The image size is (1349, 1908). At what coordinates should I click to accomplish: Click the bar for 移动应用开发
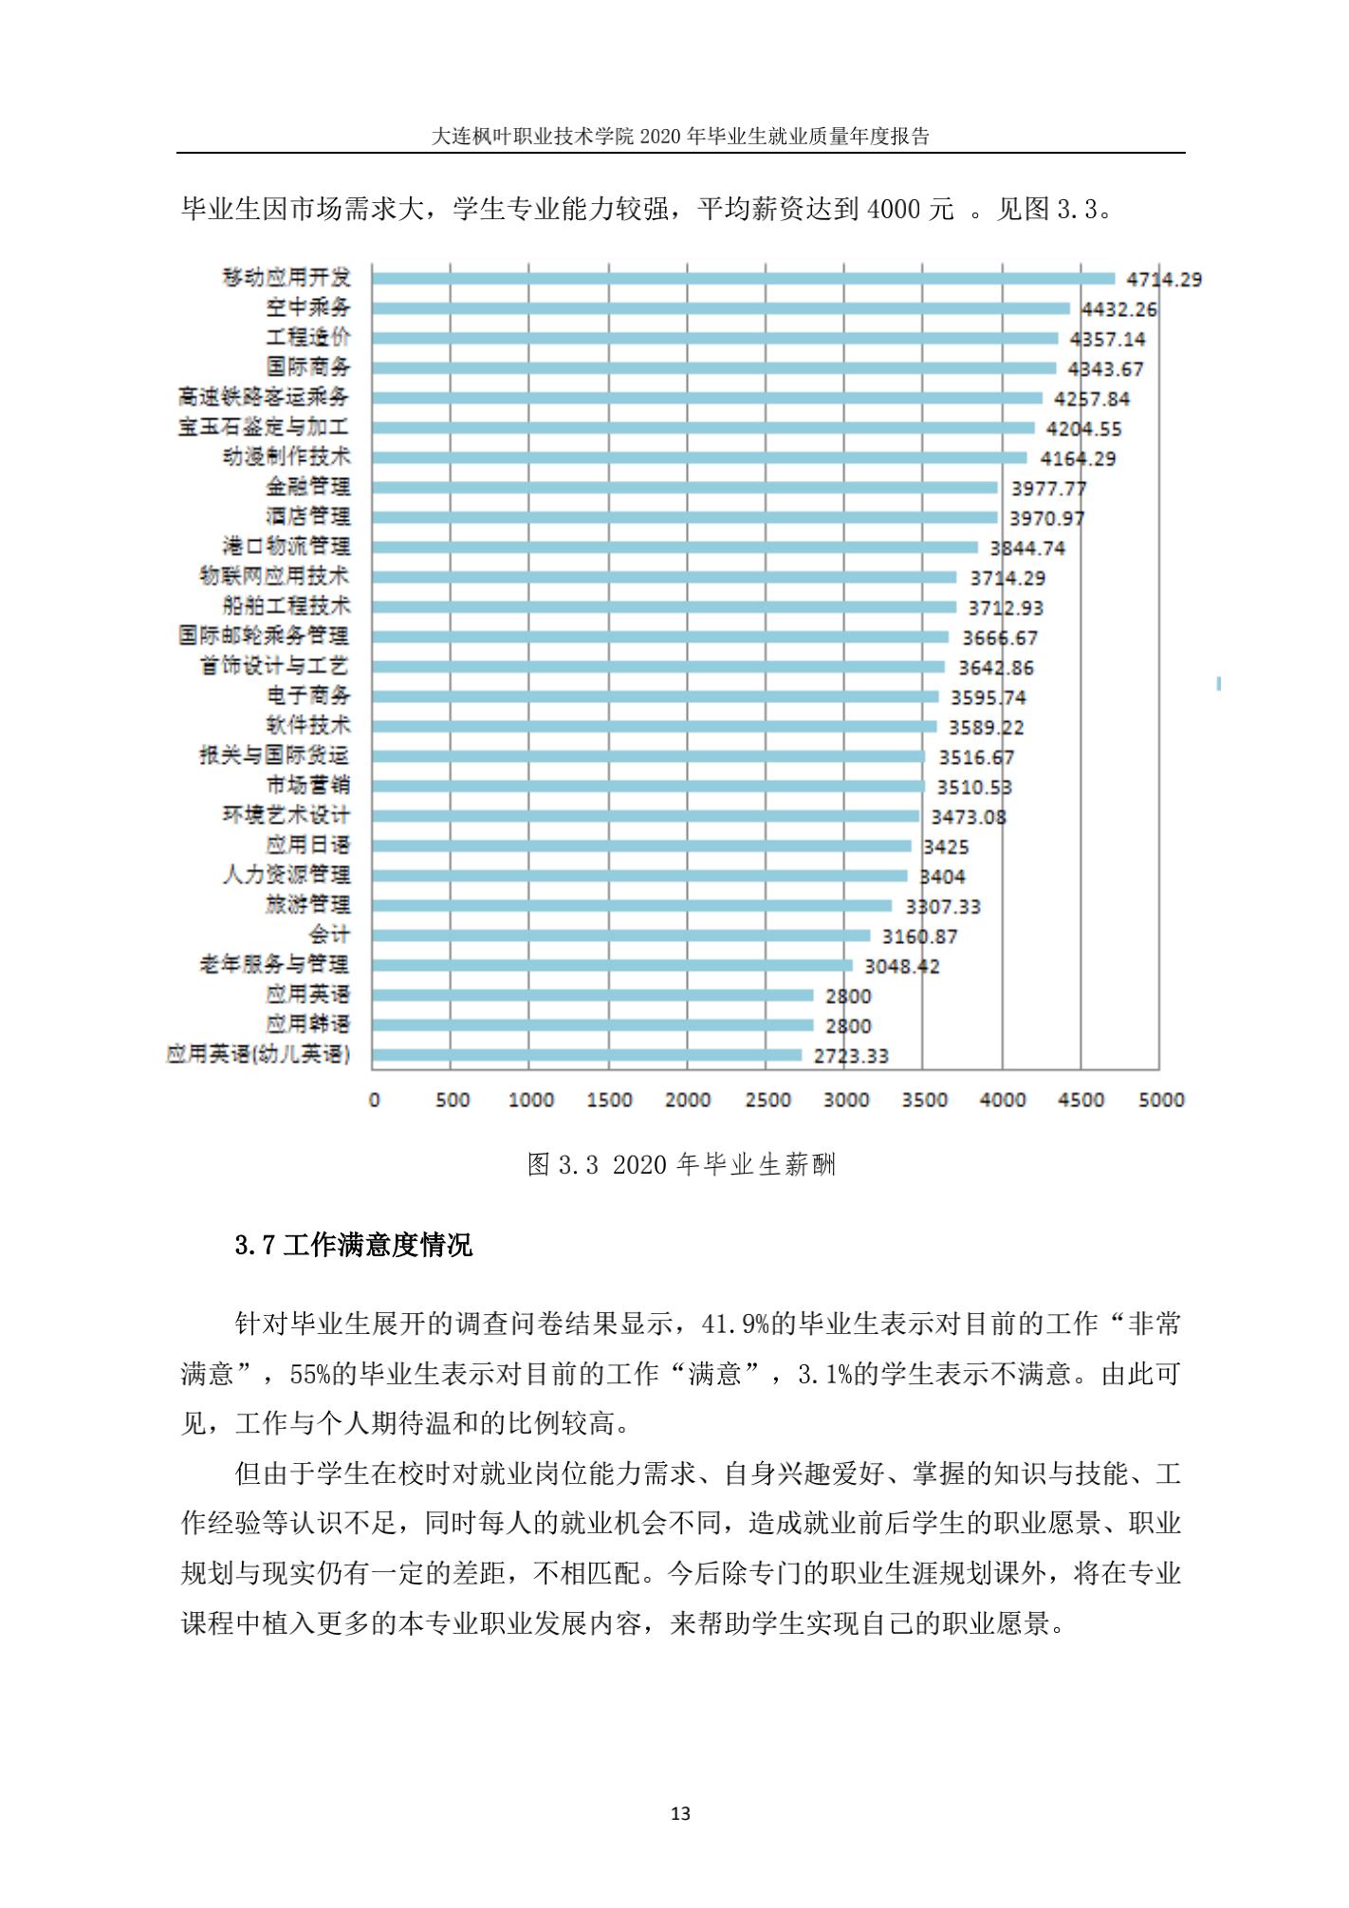tap(743, 278)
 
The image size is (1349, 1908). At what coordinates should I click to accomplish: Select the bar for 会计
tap(620, 935)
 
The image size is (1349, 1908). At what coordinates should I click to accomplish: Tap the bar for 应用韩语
tap(592, 1025)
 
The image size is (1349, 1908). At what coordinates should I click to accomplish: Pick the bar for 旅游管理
tap(632, 905)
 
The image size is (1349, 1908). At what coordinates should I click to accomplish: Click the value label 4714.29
tap(1163, 280)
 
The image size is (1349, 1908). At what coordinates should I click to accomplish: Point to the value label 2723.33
tap(851, 1056)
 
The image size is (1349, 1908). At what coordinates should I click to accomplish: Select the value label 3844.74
tap(1027, 548)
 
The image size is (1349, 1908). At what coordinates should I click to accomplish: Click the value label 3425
tap(946, 846)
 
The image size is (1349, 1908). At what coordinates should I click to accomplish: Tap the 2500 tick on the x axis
tap(767, 1100)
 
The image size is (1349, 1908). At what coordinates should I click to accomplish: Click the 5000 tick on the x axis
tap(1160, 1100)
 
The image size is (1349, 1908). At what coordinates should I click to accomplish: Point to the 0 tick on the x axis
tap(374, 1100)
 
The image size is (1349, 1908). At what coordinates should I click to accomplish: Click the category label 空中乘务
tap(308, 307)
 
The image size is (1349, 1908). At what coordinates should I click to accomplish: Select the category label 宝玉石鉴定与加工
tap(264, 427)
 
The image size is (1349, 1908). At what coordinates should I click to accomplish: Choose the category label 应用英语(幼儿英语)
tap(258, 1054)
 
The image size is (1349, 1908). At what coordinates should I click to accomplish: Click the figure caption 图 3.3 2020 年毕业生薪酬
tap(681, 1164)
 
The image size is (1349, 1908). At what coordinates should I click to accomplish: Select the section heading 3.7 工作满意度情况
tap(353, 1245)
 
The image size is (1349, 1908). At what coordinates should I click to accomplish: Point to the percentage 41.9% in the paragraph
tap(734, 1324)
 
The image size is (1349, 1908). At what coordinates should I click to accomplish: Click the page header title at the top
tap(680, 136)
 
